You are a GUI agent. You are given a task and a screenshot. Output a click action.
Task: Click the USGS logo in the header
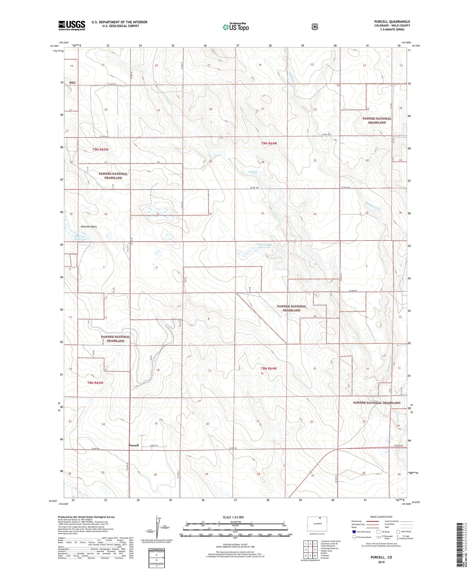72,25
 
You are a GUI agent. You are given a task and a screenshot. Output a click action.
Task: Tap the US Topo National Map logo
235,27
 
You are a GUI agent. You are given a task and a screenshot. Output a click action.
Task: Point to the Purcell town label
133,445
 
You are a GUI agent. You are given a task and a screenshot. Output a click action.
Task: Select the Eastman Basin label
89,227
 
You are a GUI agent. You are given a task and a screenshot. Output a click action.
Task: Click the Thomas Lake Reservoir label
264,246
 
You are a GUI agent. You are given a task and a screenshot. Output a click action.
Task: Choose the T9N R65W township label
100,150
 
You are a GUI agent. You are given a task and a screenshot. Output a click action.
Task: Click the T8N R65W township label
95,383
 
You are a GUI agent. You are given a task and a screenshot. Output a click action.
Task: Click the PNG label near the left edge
72,83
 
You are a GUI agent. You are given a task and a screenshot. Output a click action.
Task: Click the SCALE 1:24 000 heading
233,517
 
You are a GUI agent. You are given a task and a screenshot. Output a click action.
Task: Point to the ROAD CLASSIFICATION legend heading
381,517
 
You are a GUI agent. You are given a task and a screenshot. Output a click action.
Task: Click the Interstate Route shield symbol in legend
354,531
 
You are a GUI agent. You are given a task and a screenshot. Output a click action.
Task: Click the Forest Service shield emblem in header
315,27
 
